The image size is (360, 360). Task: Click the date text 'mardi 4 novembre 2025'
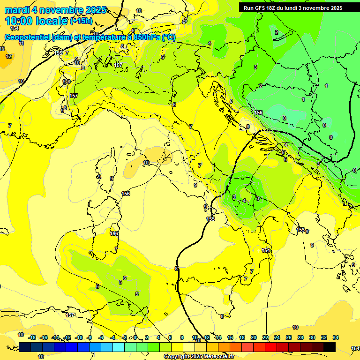click(x=55, y=10)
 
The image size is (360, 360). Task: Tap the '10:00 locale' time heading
click(x=37, y=21)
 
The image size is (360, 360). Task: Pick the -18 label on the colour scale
click(x=32, y=337)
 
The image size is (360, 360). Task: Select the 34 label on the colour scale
click(x=336, y=337)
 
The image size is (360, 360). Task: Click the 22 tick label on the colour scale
click(x=265, y=337)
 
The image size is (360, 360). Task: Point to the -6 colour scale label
click(x=101, y=337)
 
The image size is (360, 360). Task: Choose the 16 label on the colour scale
click(x=230, y=337)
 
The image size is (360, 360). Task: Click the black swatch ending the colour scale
click(x=329, y=347)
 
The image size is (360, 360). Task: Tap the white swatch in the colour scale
click(x=189, y=347)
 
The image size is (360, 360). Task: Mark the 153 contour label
click(x=301, y=230)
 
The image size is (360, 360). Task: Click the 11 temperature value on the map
click(x=21, y=43)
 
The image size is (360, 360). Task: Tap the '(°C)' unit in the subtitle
click(x=169, y=37)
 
